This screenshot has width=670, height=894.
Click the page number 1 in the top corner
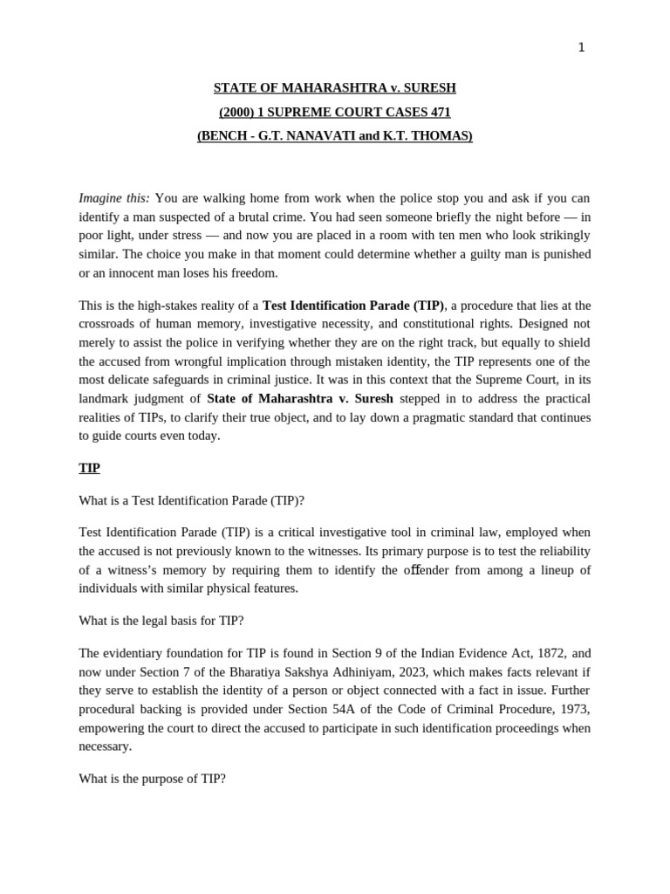(581, 48)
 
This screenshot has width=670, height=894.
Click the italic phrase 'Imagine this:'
(114, 198)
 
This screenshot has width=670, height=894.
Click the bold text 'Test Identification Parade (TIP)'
(353, 306)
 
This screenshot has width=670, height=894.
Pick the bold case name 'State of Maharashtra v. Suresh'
(300, 399)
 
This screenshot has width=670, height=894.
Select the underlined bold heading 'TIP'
(89, 468)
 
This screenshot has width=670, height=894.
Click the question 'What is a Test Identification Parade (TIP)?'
(191, 500)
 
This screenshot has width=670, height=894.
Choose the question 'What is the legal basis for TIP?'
(161, 621)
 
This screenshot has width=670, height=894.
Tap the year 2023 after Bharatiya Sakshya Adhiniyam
(414, 672)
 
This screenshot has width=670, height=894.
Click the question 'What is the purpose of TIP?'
(152, 779)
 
